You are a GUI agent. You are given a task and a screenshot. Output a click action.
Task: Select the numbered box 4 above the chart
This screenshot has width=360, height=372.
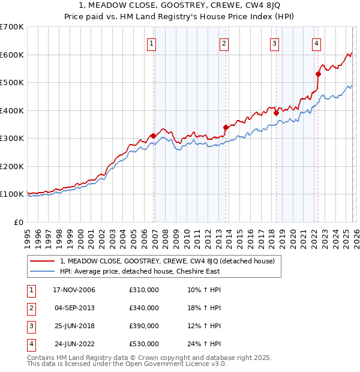pos(316,43)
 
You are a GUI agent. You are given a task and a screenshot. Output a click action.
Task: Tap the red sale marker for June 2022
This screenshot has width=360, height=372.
pos(319,74)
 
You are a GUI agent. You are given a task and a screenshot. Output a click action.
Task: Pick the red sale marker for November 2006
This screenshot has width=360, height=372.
pos(153,136)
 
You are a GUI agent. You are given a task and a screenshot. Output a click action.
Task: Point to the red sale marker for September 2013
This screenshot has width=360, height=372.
pos(226,127)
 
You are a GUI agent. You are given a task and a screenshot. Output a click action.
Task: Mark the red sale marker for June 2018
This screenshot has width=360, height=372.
pos(276,113)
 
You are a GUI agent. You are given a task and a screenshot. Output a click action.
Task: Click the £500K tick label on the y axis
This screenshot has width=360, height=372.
pos(12,82)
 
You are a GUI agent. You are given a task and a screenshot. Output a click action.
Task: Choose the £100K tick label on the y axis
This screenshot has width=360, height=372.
pos(12,194)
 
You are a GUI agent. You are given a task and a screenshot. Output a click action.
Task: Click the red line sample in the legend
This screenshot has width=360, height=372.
pos(43,261)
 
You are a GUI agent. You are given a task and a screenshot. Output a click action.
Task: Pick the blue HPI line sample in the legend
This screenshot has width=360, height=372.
pos(43,271)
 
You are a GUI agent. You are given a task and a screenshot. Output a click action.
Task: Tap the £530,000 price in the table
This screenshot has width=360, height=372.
pos(144,344)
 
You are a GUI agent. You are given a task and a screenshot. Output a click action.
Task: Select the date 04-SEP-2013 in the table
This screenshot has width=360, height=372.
pos(74,308)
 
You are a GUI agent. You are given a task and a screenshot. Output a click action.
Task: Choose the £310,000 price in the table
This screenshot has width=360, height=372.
pos(144,290)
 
